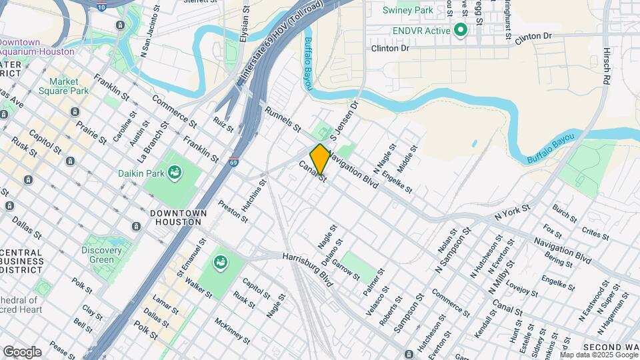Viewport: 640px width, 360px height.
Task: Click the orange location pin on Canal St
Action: tap(320, 159)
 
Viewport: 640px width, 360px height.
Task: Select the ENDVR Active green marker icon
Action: tap(460, 30)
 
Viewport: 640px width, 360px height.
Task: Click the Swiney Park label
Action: tap(407, 11)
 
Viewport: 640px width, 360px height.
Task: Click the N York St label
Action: tap(512, 213)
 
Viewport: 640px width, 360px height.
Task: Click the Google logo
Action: tap(22, 352)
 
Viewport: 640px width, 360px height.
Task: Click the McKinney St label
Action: tap(231, 331)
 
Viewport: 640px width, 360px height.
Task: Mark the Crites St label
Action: tap(595, 233)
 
